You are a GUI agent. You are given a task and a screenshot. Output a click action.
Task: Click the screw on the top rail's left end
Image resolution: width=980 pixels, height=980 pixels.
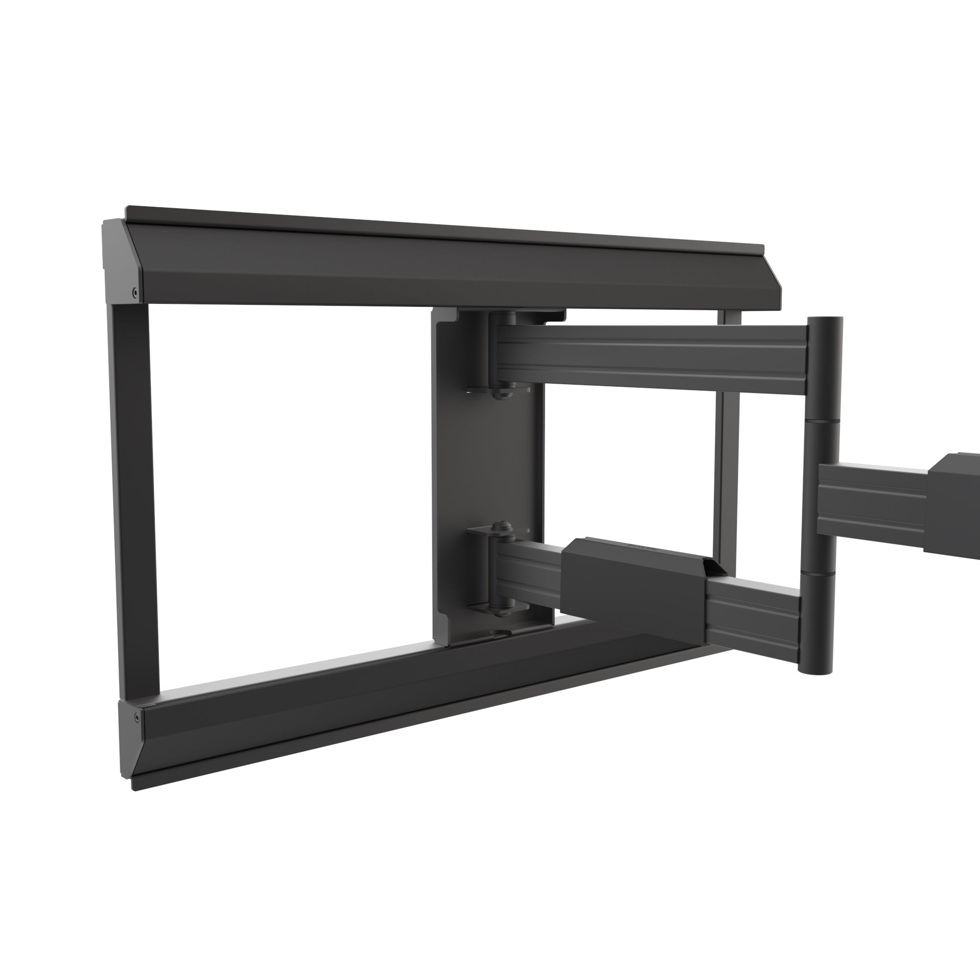click(134, 292)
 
